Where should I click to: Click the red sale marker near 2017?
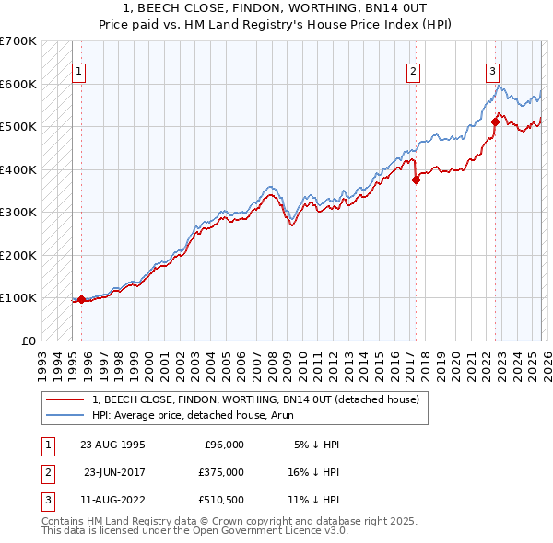(416, 180)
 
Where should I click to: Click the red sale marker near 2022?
(495, 121)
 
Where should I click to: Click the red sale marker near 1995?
(81, 299)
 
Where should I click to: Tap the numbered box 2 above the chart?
(414, 71)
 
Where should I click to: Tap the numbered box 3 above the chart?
(493, 71)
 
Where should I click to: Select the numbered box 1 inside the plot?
(79, 71)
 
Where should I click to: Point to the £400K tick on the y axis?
(18, 169)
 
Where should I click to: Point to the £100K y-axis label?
(18, 297)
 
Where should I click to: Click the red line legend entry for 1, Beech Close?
(255, 399)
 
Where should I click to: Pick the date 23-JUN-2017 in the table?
(114, 472)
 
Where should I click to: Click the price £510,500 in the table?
(220, 500)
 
